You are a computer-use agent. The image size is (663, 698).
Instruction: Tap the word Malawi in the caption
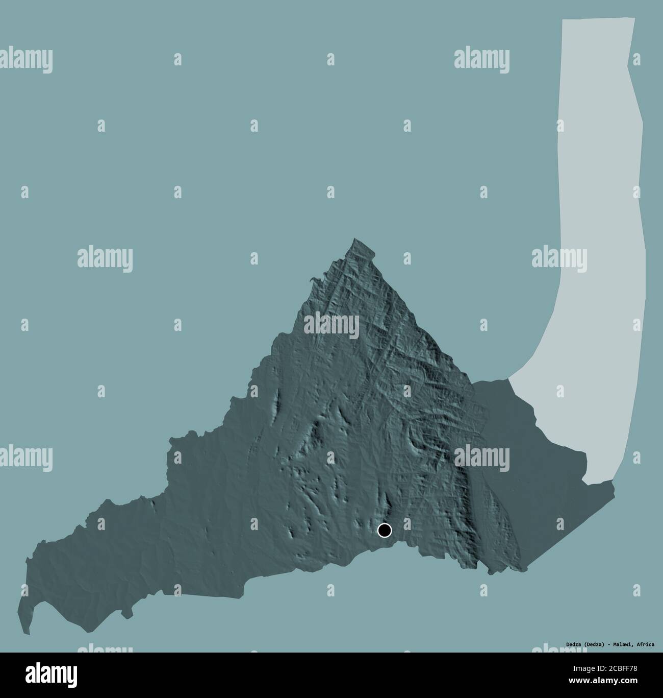[x=621, y=644]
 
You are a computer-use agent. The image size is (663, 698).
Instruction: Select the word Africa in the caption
[x=645, y=644]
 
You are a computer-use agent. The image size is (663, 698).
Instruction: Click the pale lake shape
[x=602, y=204]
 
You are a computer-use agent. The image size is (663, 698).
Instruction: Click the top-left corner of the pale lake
[x=563, y=20]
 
